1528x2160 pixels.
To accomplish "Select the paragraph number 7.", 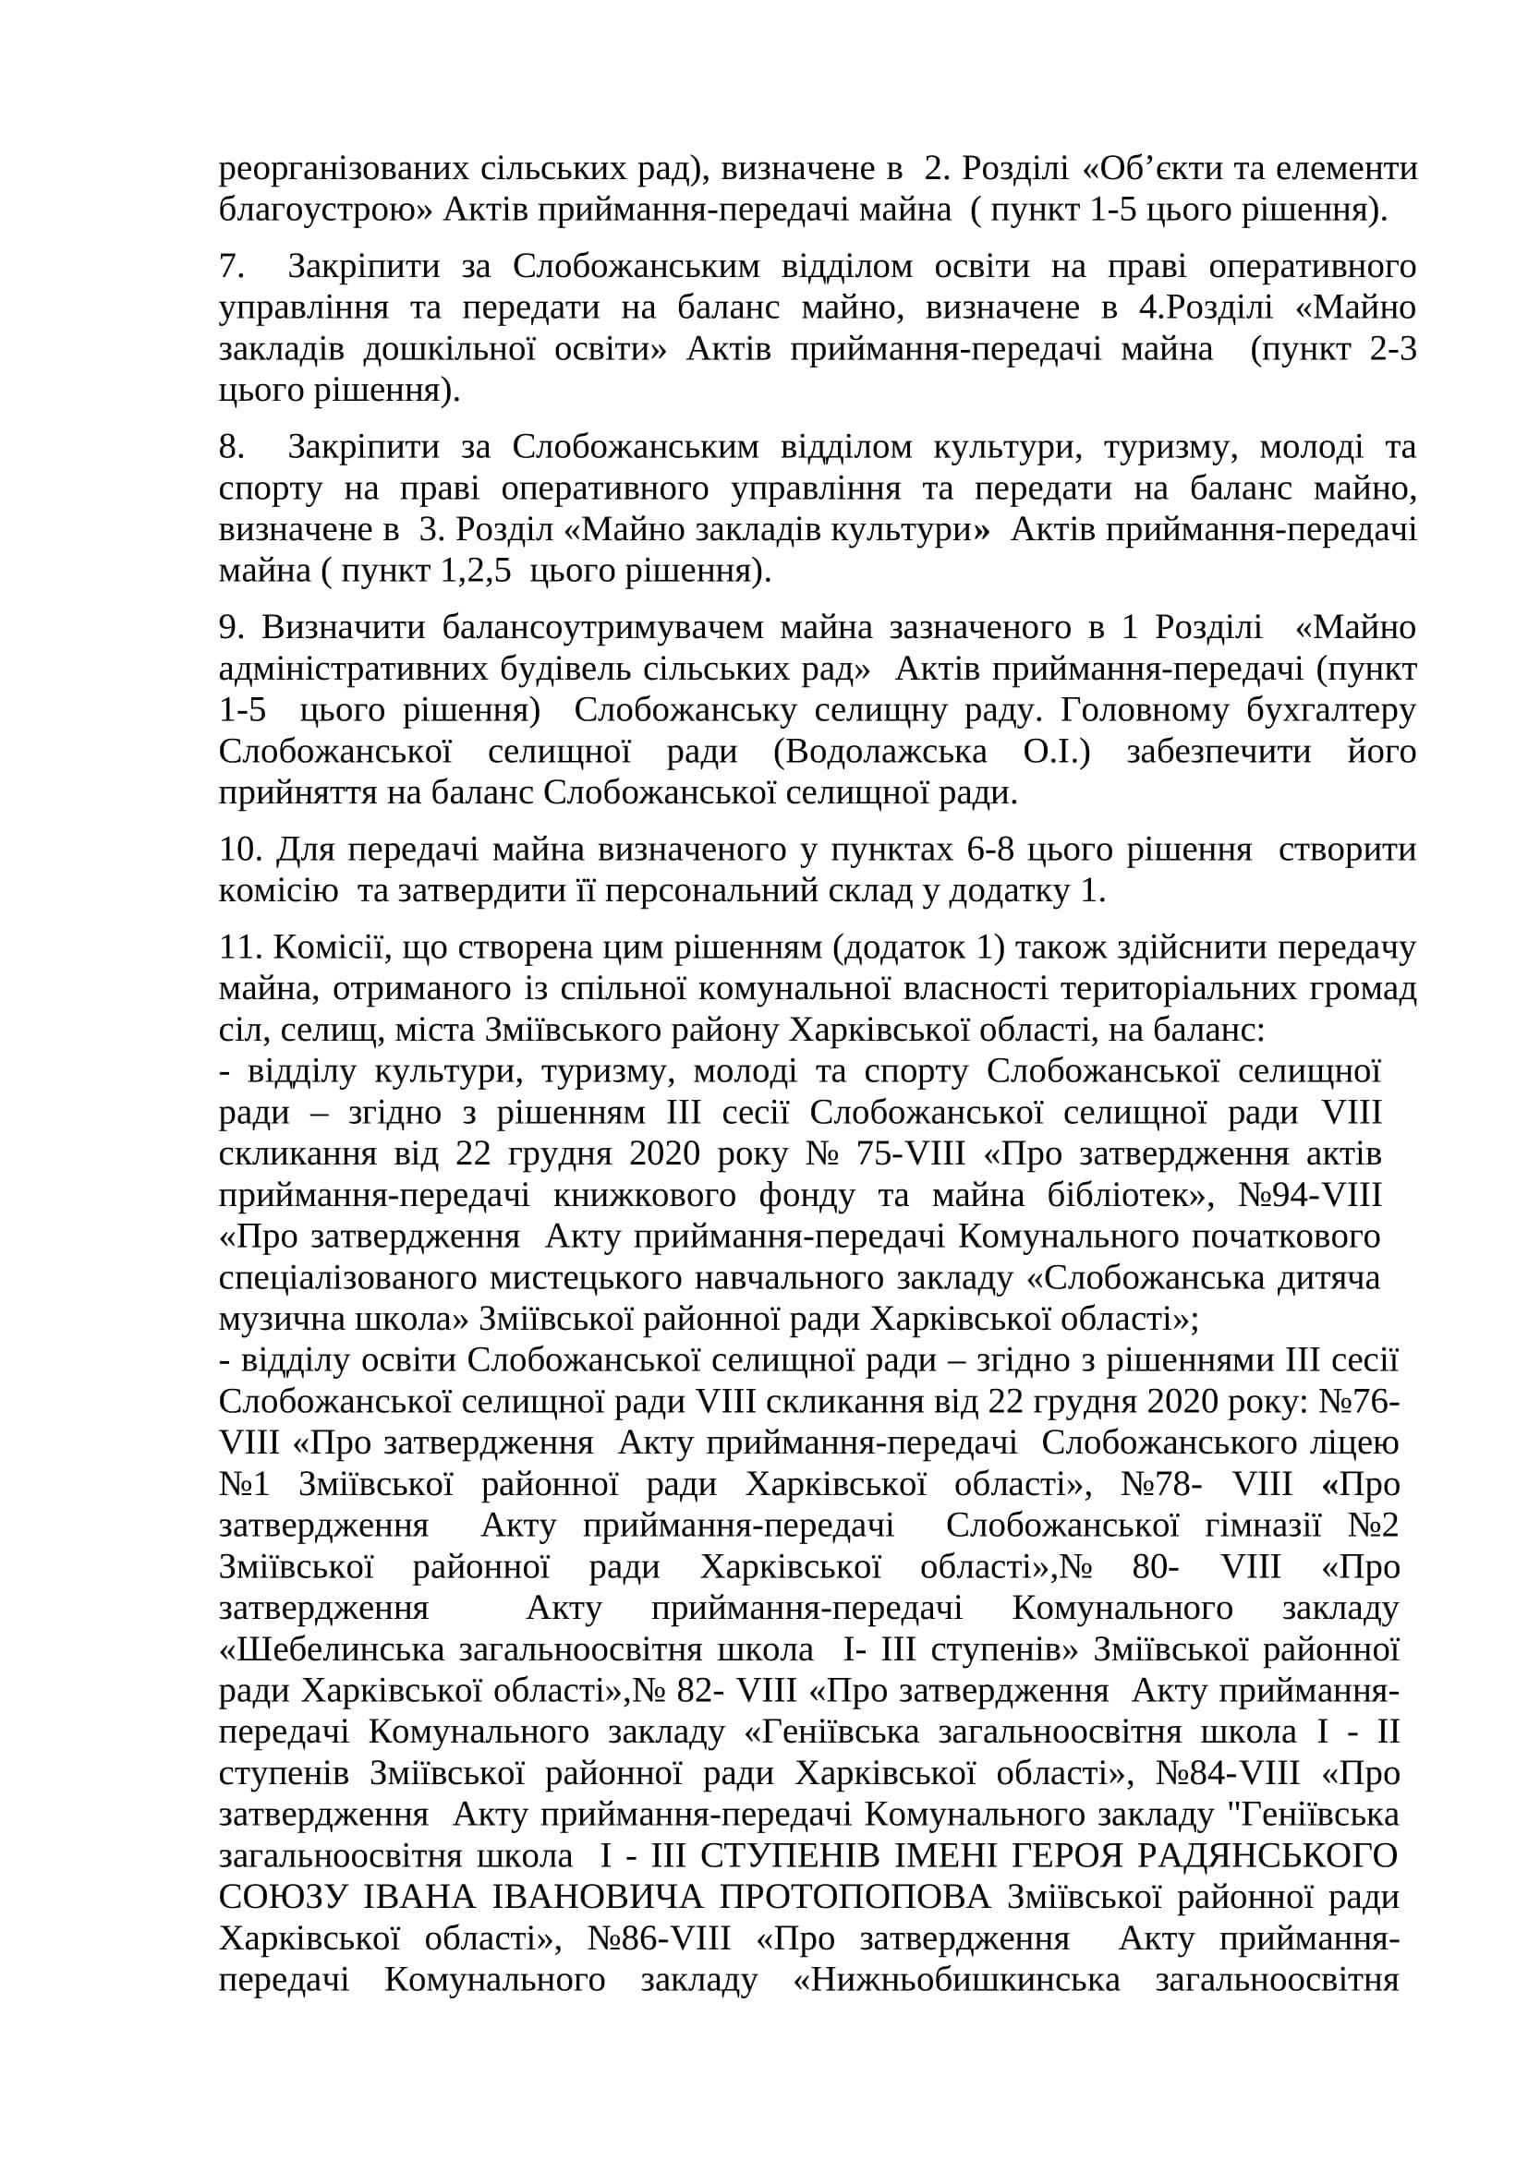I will coord(231,266).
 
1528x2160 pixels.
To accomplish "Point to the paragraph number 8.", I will coord(231,447).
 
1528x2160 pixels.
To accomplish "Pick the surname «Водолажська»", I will coord(885,752).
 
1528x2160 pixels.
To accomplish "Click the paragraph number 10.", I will coord(237,850).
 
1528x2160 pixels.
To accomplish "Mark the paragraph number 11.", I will coord(237,947).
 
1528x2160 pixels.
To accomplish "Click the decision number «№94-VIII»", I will coord(1310,1196).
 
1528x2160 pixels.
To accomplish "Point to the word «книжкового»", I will coord(645,1196).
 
